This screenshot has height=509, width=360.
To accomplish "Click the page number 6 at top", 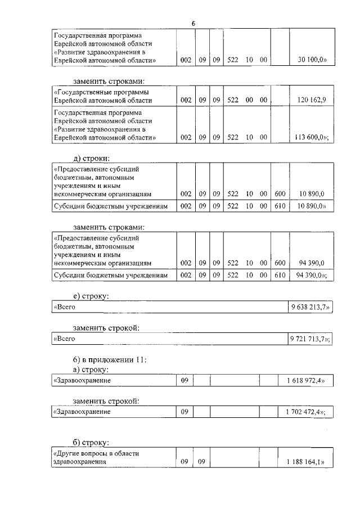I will click(193, 23).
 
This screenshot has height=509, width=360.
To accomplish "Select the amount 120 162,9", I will click(311, 100).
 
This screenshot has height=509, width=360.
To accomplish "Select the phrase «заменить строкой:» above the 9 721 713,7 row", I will click(106, 327).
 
